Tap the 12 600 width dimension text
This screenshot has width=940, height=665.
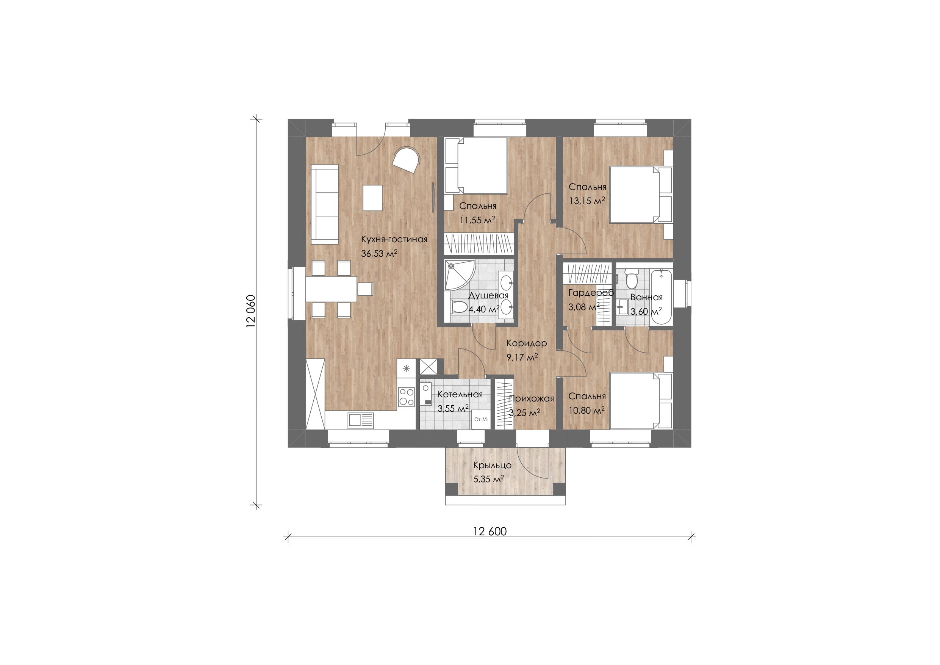(490, 532)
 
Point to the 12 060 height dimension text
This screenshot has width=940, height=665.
(251, 311)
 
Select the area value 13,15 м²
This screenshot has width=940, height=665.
(587, 201)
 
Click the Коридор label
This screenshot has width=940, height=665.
(527, 343)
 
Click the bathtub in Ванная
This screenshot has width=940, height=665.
(662, 296)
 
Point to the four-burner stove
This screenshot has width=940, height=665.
(120, 397)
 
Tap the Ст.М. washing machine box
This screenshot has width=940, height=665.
(481, 419)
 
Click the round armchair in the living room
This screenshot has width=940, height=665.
(120, 161)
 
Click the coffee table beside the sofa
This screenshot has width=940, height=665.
(86, 198)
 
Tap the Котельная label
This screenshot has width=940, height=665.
(460, 395)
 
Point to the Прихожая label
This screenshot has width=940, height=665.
(532, 399)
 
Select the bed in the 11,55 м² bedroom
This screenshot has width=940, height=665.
(476, 165)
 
